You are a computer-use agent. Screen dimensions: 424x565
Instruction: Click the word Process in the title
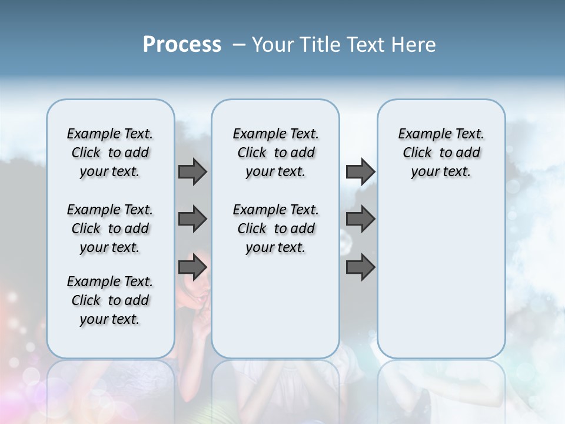pos(182,45)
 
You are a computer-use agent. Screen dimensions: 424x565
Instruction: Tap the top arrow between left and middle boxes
pos(192,171)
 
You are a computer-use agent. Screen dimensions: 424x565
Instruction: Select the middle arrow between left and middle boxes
pos(192,219)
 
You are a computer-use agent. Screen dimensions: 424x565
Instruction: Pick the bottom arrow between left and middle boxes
pos(192,267)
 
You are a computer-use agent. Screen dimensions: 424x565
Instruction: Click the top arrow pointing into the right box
pos(360,171)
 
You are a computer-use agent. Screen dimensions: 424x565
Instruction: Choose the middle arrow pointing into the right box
pos(360,219)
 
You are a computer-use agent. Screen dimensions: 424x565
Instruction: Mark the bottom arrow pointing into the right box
pos(360,267)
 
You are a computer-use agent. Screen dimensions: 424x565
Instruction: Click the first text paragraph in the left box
pos(110,153)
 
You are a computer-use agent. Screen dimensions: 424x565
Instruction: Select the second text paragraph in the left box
pos(110,228)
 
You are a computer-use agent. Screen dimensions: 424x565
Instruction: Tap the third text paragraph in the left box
pos(110,300)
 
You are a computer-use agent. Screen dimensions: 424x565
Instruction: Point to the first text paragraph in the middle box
pos(275,153)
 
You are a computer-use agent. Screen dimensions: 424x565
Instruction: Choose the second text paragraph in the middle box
pos(275,228)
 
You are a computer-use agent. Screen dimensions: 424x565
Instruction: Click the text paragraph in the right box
pos(441,153)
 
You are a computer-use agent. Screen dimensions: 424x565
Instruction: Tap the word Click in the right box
pos(417,153)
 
